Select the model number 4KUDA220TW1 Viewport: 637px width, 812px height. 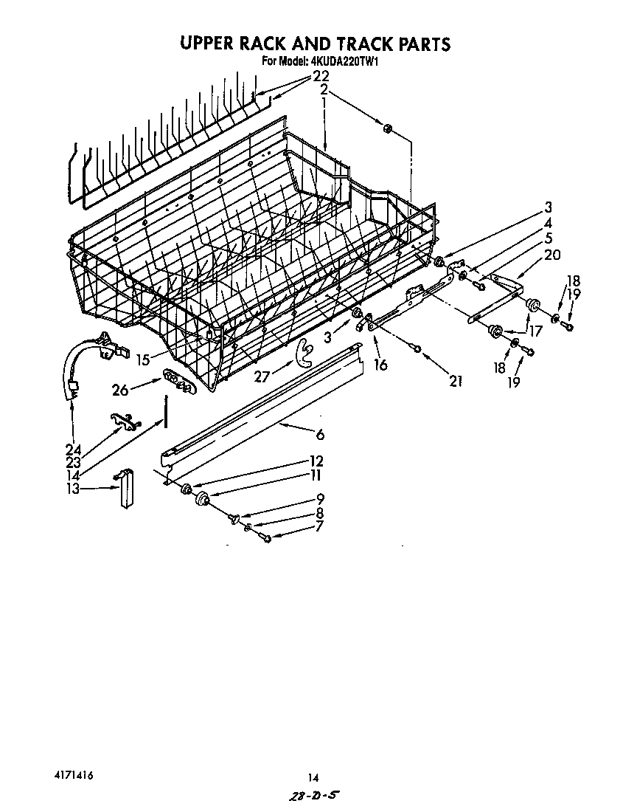[341, 63]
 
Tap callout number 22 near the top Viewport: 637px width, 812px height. [320, 76]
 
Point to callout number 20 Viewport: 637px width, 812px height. [551, 255]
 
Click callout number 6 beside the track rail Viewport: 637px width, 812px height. [320, 436]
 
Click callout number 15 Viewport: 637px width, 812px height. [143, 359]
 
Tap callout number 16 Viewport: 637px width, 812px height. [380, 364]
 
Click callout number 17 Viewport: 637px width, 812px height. [535, 331]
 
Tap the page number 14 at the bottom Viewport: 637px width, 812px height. [313, 777]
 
